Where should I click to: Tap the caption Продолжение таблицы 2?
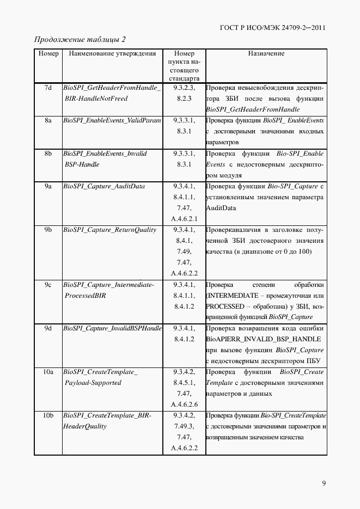(80, 40)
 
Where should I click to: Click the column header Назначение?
(266, 54)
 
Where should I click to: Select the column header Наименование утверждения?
(112, 54)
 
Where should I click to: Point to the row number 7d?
(48, 88)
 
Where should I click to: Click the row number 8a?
(48, 120)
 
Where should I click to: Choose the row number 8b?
(48, 154)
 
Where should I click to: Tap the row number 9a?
(48, 186)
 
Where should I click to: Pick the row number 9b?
(48, 230)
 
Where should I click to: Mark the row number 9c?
(48, 285)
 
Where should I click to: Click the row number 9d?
(48, 328)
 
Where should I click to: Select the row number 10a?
(48, 372)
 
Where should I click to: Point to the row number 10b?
(48, 416)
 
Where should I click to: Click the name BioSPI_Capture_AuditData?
(104, 186)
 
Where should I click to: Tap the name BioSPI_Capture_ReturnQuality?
(109, 230)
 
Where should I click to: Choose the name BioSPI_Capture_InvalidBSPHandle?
(112, 328)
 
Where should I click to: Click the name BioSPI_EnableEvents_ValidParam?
(112, 120)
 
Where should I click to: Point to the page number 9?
(324, 483)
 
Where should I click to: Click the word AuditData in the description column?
(221, 208)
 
